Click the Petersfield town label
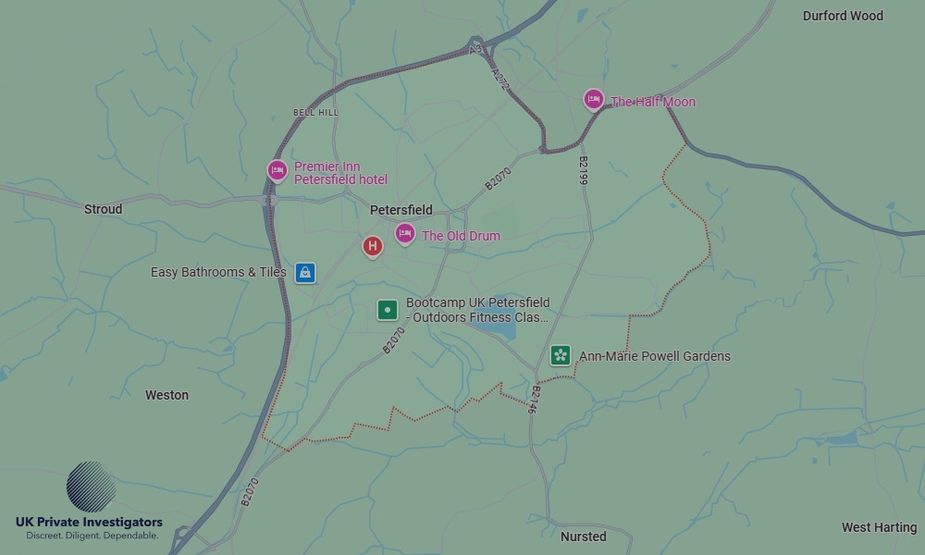tap(401, 210)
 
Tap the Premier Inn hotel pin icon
tap(277, 170)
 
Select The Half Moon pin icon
tap(594, 99)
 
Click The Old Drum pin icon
tap(404, 233)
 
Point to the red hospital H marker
tap(372, 245)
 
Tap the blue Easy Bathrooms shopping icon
tap(305, 273)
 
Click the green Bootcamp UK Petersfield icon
tap(388, 310)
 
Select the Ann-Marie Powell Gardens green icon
tap(561, 355)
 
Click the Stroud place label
tap(103, 209)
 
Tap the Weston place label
tap(166, 395)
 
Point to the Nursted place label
tap(583, 536)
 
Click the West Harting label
tap(879, 527)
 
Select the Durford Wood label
tap(843, 16)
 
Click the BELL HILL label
tap(315, 112)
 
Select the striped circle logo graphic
tap(92, 487)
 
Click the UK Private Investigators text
tap(89, 523)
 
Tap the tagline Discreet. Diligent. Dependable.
tap(92, 536)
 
